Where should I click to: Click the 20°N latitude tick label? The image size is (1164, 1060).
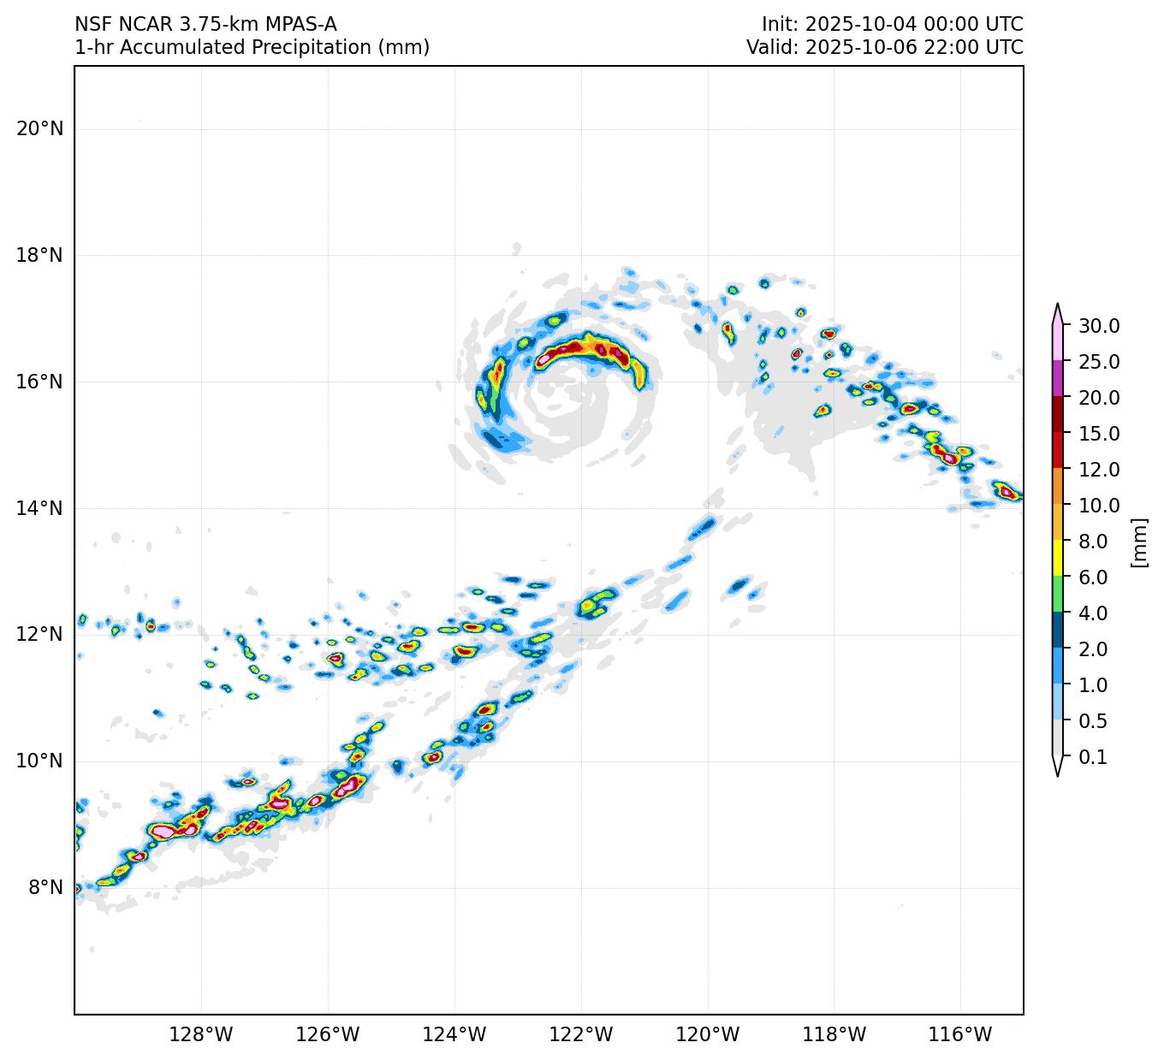pyautogui.click(x=39, y=129)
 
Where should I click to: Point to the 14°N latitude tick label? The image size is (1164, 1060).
pyautogui.click(x=39, y=509)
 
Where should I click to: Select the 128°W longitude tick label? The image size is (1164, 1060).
pyautogui.click(x=201, y=1035)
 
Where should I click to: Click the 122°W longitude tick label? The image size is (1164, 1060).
pyautogui.click(x=581, y=1035)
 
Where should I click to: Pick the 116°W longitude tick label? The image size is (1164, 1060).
pyautogui.click(x=960, y=1035)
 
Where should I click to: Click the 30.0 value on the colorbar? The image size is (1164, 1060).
pyautogui.click(x=1099, y=326)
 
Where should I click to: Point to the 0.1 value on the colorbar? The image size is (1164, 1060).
pyautogui.click(x=1093, y=757)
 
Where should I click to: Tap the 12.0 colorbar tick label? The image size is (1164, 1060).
pyautogui.click(x=1099, y=470)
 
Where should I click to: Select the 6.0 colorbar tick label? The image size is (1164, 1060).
pyautogui.click(x=1093, y=577)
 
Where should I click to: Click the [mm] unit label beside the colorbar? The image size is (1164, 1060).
pyautogui.click(x=1138, y=542)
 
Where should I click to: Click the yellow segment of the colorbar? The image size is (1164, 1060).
pyautogui.click(x=1058, y=560)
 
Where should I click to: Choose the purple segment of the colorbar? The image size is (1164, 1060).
pyautogui.click(x=1058, y=379)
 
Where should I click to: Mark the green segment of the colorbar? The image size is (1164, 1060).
pyautogui.click(x=1058, y=595)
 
